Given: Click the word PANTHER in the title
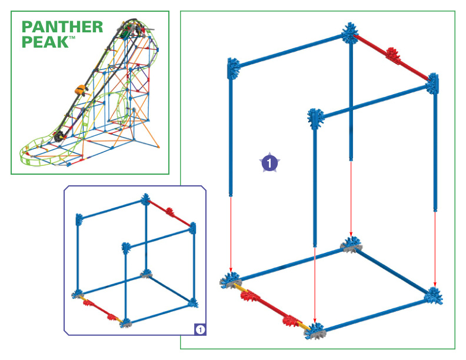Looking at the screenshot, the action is pos(62,27).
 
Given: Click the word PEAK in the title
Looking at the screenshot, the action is pos(45,42).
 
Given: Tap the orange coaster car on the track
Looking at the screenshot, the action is pos(81,89).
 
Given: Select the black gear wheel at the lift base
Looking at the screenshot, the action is pos(59,136).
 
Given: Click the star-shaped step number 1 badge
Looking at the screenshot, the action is pos(269,162).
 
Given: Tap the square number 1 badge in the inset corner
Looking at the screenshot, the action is pos(200,329).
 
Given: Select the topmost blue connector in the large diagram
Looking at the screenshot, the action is pos(351,34).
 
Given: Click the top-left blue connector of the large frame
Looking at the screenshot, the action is pos(234,69).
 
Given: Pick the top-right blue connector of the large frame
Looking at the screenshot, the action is pos(432,84).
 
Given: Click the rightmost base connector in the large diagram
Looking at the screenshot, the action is pos(434,296).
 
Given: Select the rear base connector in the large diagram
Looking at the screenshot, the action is pos(351,245).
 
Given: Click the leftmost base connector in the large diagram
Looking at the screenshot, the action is pos(231,281).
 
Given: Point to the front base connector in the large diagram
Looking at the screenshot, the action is pos(315,331).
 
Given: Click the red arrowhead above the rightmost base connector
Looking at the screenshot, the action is pos(435,285).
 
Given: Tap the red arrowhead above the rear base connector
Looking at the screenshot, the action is pos(351,233).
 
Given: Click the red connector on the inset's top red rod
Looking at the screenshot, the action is pos(169,212).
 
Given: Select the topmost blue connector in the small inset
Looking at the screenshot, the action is pos(145,199).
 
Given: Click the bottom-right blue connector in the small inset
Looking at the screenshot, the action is pos(193,303).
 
